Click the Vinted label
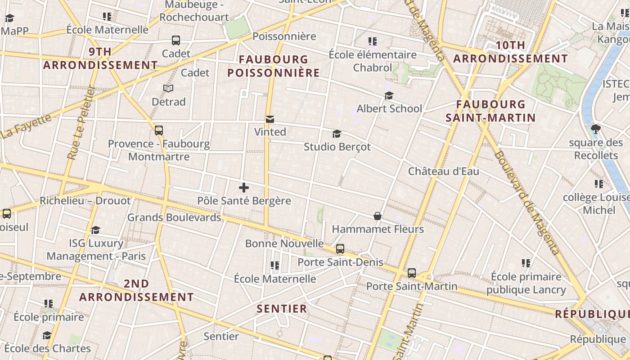coord(270,132)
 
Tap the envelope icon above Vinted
coord(270,119)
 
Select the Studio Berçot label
coord(337,147)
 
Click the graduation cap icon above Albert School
coord(389,96)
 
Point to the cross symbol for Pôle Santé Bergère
coord(244,188)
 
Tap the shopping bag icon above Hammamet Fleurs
coord(378,216)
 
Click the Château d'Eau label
coord(443,171)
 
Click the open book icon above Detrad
coord(168,88)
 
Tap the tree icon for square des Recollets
coord(596,130)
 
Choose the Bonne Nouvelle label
coord(284,243)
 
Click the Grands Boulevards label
coord(174,217)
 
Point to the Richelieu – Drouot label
coord(85,201)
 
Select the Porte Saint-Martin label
coord(411,286)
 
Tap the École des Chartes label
coord(48,348)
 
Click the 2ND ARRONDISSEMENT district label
coord(136,290)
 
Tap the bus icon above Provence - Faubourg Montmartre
coord(159,130)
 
